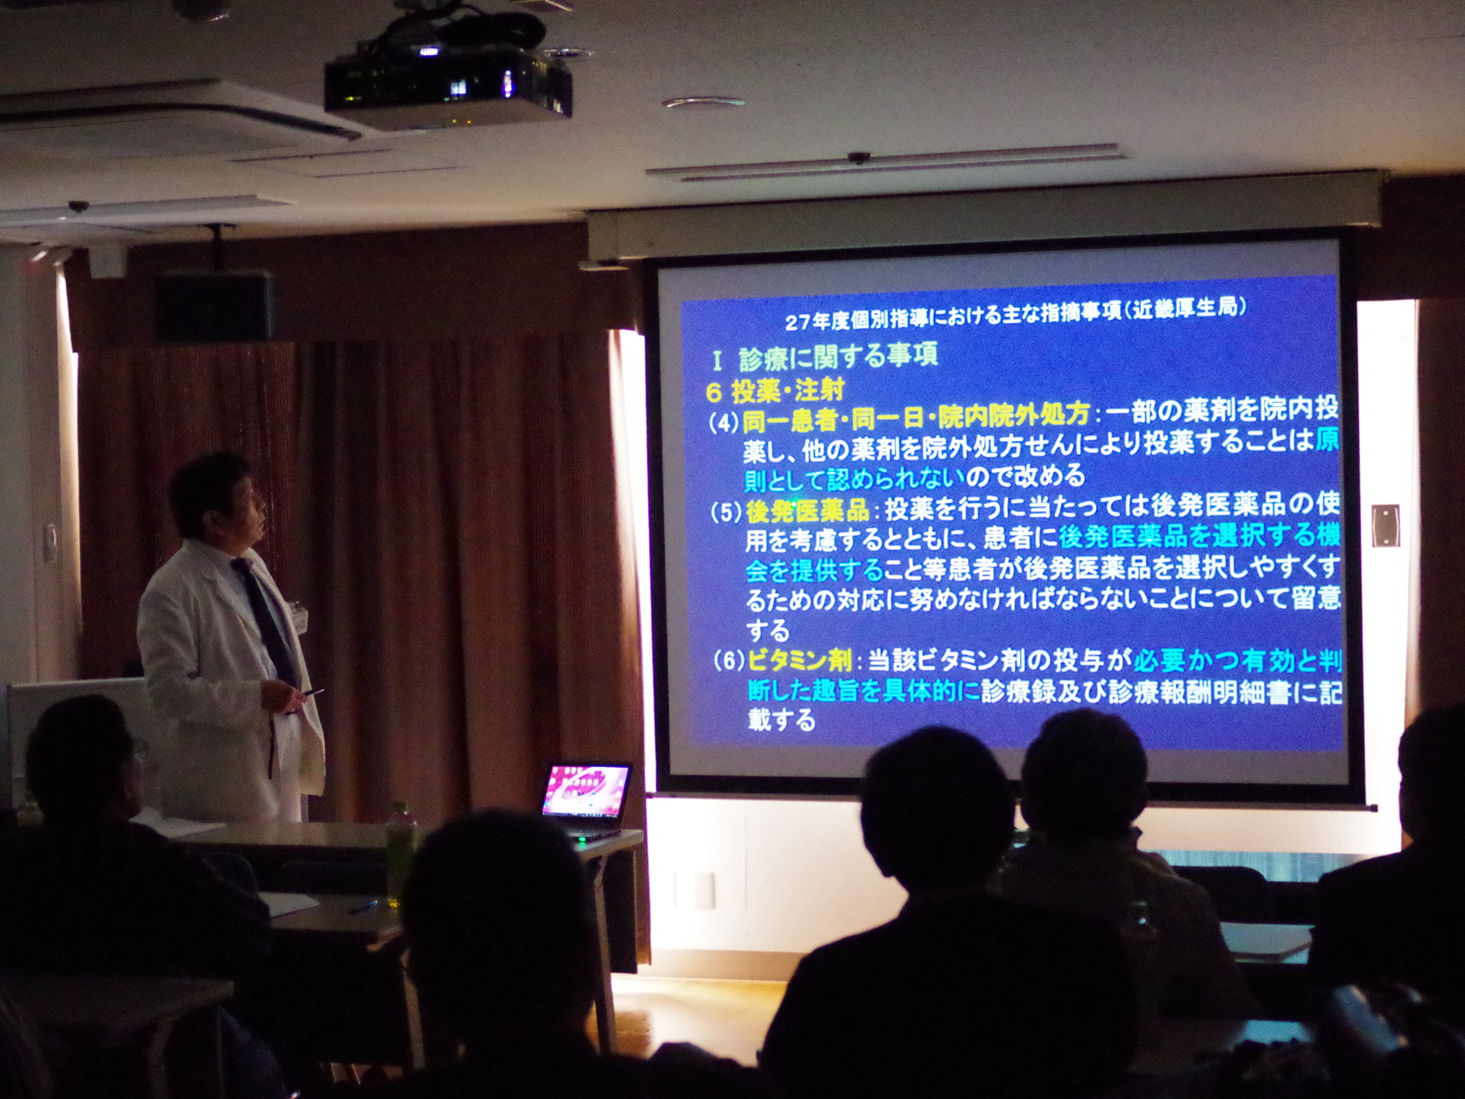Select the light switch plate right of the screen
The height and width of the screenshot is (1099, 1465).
click(x=1385, y=525)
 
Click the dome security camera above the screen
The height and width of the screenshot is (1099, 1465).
click(x=859, y=158)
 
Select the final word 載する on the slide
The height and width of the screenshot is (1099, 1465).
click(x=781, y=719)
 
